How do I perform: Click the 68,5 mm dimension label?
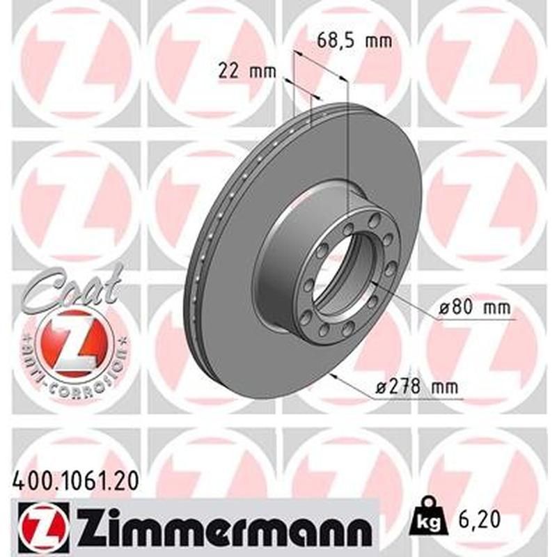pos(354,40)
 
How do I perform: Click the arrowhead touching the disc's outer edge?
pos(336,377)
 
